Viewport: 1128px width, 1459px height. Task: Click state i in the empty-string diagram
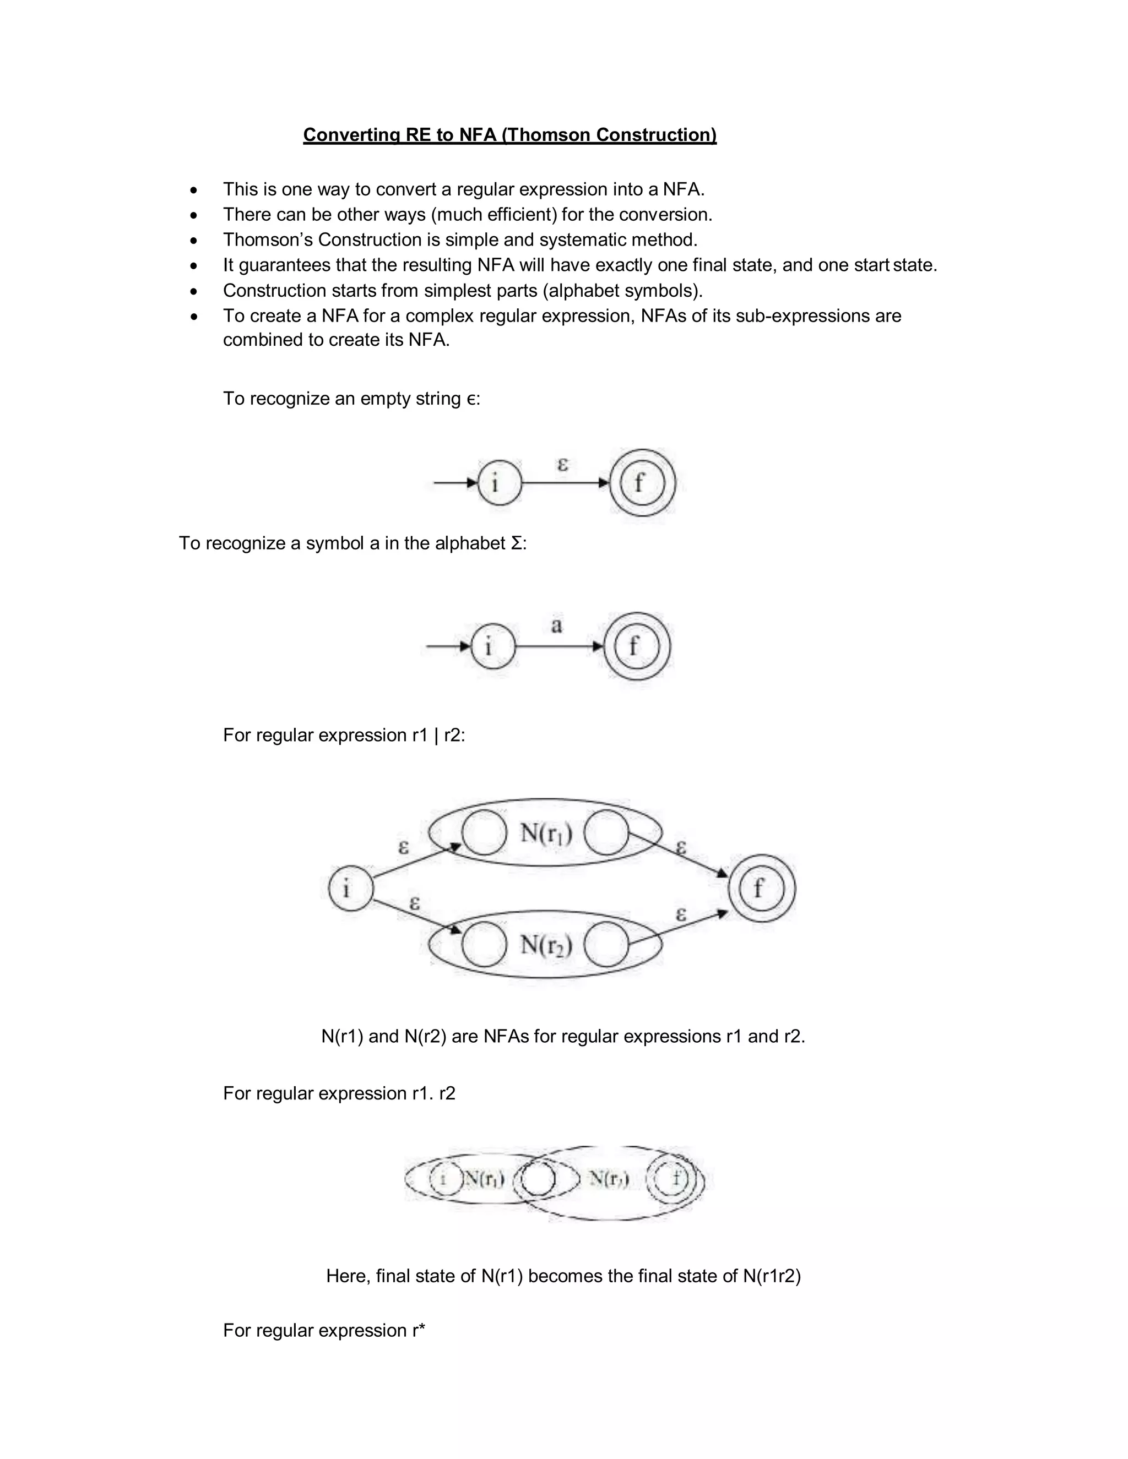click(x=499, y=482)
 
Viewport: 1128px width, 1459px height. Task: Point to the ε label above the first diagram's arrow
click(x=563, y=464)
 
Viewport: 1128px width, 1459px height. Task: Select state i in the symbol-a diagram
click(x=493, y=646)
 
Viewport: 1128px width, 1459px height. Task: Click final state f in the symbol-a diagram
click(x=636, y=646)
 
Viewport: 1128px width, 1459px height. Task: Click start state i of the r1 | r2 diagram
click(x=350, y=889)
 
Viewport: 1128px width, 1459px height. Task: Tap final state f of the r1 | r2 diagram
click(x=761, y=889)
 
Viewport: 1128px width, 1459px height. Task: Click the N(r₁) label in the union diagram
click(x=546, y=834)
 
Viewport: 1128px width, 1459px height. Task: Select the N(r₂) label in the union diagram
click(x=546, y=945)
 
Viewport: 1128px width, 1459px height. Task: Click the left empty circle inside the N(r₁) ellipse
click(x=484, y=833)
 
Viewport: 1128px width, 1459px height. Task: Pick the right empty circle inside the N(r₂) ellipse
click(x=606, y=945)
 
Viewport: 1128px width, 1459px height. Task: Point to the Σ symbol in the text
click(x=516, y=543)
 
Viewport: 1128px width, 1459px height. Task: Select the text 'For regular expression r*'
click(x=324, y=1330)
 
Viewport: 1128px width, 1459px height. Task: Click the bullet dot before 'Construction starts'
click(x=194, y=291)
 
